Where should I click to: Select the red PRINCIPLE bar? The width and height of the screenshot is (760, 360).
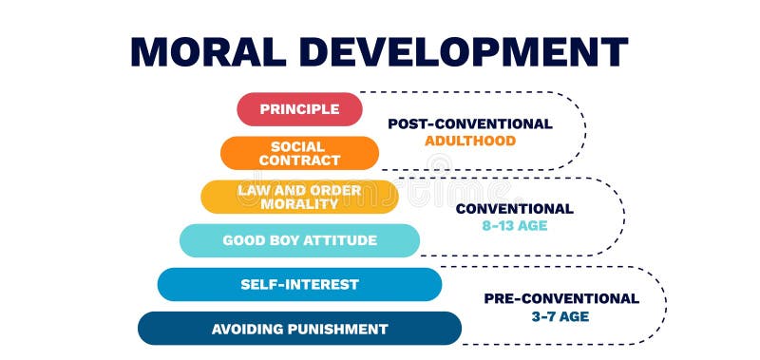[299, 109]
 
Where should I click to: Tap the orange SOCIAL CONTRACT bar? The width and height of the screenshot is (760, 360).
[299, 153]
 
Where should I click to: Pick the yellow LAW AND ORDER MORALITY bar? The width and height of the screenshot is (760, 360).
[299, 197]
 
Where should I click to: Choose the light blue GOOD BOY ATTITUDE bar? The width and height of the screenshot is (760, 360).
[299, 240]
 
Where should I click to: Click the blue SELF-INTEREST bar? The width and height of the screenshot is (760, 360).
[299, 284]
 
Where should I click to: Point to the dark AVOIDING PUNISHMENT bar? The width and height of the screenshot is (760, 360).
[299, 329]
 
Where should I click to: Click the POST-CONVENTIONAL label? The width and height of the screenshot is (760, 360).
[469, 123]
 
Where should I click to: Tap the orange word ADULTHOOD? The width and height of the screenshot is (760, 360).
[469, 141]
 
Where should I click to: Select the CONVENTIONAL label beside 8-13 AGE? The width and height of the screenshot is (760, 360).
[514, 209]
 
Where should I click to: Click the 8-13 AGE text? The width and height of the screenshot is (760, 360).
[514, 226]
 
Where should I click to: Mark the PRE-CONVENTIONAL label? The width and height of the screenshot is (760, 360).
[560, 298]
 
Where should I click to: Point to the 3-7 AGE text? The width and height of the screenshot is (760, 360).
[560, 315]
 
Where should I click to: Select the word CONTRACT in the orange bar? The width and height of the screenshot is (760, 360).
[299, 161]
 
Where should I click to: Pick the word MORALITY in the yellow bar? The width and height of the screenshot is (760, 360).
[299, 204]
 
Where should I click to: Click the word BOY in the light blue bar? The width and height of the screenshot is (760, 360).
[280, 240]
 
